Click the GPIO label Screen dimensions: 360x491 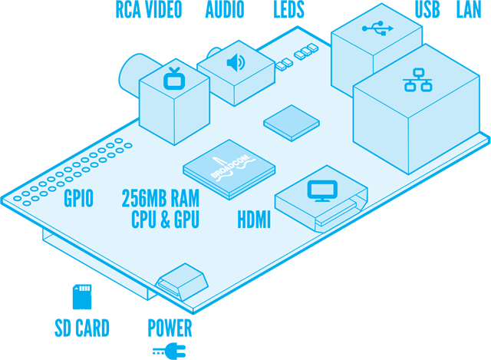[78, 200]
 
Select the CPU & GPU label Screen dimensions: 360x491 [165, 220]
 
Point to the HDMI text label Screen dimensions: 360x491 [254, 220]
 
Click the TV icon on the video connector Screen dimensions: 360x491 [174, 78]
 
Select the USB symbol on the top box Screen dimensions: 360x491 [377, 28]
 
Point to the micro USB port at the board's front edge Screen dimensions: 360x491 [182, 281]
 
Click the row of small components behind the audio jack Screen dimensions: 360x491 [298, 55]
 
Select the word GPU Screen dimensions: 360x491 [186, 220]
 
